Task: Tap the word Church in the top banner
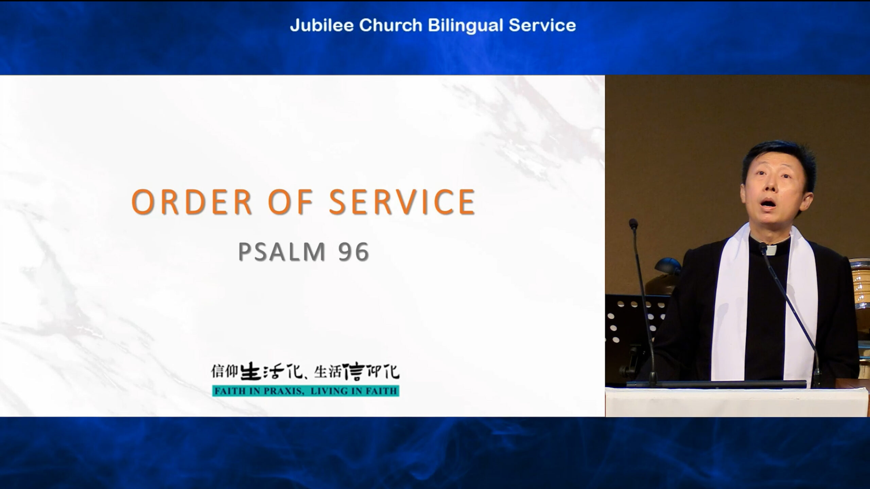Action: (391, 25)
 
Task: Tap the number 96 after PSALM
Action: (354, 252)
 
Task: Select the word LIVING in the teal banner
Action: (327, 391)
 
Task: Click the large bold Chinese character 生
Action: (251, 371)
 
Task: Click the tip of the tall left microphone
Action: (633, 223)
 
